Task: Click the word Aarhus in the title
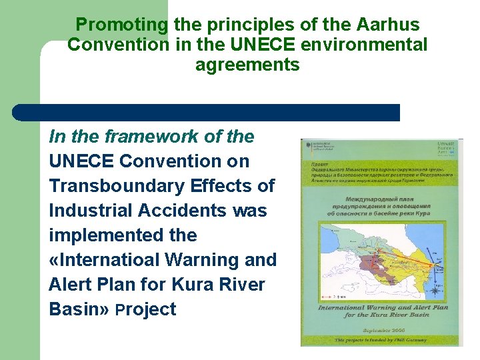pos(387,25)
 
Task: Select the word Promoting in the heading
pos(122,25)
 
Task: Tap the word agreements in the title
pos(247,65)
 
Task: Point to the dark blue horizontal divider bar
pos(207,113)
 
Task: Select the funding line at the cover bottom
pos(380,340)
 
